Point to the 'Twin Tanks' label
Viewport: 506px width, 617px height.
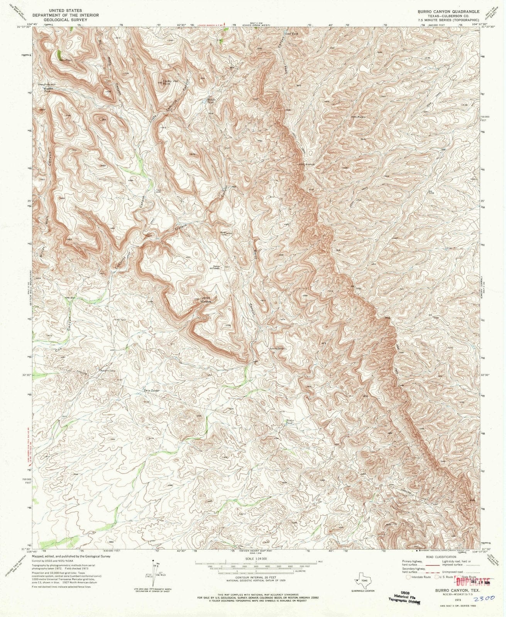pos(152,390)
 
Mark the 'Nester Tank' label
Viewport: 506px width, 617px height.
pos(291,421)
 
